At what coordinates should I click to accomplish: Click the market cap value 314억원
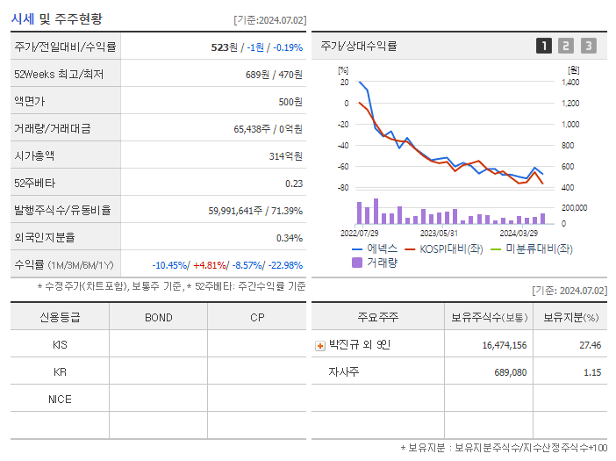[284, 156]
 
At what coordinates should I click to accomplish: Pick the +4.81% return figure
[210, 265]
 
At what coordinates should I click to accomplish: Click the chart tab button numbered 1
[544, 47]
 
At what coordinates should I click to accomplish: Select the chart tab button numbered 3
[588, 47]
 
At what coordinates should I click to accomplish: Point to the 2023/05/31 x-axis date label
[439, 234]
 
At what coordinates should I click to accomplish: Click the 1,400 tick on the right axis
[570, 83]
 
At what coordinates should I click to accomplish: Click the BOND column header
[158, 317]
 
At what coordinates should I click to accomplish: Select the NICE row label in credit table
[60, 400]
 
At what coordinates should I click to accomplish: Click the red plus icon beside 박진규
[319, 345]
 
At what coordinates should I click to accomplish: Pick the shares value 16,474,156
[505, 345]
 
